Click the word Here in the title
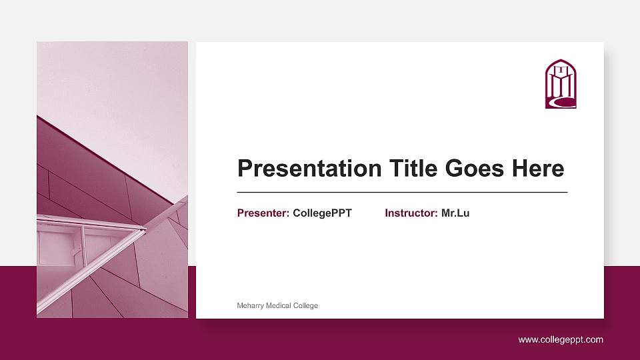[x=538, y=169]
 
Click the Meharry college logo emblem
[x=561, y=84]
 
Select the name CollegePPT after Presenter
[x=322, y=213]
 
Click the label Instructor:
[x=411, y=213]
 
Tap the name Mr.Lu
[x=455, y=213]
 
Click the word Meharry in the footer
[x=251, y=306]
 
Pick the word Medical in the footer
[x=280, y=306]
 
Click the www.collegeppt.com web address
[x=561, y=340]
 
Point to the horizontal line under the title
[x=402, y=192]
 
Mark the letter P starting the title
[x=245, y=169]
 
